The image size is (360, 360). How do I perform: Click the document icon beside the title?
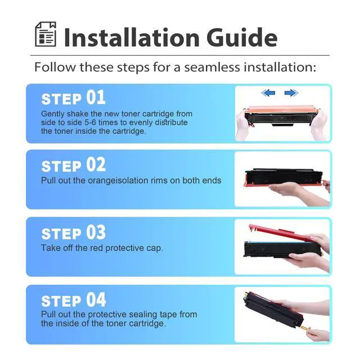45,34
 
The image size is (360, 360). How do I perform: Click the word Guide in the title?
242,38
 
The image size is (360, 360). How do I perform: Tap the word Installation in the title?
132,38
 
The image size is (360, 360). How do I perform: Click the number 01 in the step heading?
96,97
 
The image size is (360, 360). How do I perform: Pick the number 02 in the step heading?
96,165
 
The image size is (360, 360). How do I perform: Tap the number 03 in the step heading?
96,232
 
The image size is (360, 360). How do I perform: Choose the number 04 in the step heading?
96,300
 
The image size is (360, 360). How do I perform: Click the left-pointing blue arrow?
268,93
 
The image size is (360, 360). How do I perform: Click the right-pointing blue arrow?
291,93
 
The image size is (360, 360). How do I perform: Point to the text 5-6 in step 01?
90,123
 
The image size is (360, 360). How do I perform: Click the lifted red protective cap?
282,233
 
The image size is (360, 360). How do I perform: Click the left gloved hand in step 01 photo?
242,125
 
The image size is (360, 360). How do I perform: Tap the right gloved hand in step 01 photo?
318,125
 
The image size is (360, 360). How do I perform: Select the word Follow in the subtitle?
55,67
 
